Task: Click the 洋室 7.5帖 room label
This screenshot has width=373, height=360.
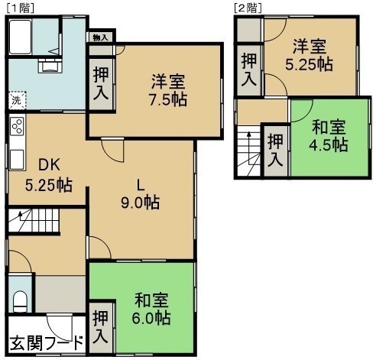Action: [168, 90]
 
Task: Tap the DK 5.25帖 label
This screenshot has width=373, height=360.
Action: [49, 175]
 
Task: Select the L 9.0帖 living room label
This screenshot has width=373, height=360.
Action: [141, 194]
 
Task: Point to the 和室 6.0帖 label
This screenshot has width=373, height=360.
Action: [151, 309]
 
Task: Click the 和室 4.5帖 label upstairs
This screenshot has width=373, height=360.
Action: [329, 136]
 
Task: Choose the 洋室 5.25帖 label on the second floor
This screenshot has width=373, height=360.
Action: [309, 55]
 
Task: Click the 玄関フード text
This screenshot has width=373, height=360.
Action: [47, 343]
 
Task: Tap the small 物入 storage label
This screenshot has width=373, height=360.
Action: [101, 38]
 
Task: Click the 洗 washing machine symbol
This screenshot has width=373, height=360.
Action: [17, 100]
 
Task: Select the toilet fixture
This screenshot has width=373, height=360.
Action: [20, 301]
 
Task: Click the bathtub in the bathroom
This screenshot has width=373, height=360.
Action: [21, 37]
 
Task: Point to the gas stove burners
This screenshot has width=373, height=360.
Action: [18, 127]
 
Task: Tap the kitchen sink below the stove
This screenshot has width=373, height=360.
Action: [17, 159]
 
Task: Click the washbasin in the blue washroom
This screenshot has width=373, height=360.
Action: [50, 66]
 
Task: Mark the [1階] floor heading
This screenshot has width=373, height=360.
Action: [20, 8]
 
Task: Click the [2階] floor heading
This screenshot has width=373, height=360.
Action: [248, 8]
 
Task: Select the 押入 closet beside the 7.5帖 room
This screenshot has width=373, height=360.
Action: [101, 83]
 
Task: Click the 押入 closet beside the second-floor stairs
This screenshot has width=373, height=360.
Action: [275, 150]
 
